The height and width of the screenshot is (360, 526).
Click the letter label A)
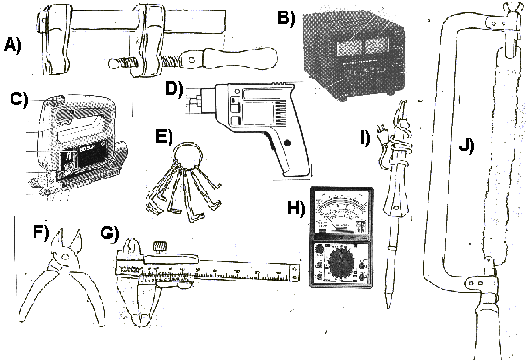click(x=12, y=45)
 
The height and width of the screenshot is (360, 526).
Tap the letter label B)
click(x=286, y=17)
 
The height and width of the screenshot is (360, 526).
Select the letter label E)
click(x=165, y=136)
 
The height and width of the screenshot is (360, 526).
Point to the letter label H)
click(x=296, y=208)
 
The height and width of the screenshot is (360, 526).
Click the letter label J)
click(x=467, y=145)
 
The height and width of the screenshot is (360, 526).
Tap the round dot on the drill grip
click(x=287, y=143)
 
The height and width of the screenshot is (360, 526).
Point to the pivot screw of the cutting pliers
click(x=65, y=258)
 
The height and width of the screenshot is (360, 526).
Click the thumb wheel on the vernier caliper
click(x=160, y=246)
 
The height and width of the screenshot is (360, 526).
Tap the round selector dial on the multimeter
click(x=340, y=261)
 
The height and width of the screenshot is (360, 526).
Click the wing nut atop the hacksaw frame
click(x=512, y=8)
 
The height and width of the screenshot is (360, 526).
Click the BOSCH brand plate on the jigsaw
click(x=92, y=153)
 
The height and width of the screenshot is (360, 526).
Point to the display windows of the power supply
click(x=359, y=46)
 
